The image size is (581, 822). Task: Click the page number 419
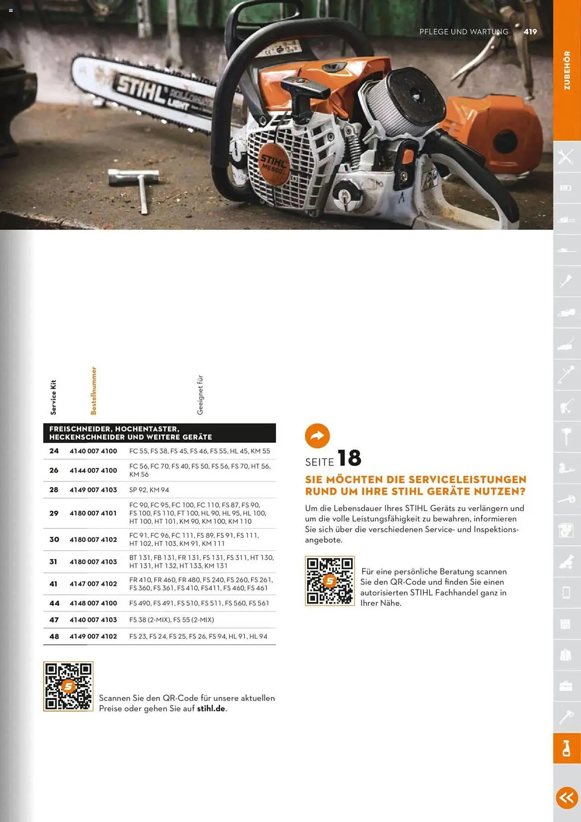[530, 32]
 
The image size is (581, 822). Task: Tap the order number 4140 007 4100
[93, 451]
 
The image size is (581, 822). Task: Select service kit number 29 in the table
[54, 513]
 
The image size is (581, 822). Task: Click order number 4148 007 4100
[93, 603]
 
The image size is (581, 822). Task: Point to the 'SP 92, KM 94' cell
[149, 490]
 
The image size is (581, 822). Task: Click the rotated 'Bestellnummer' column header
[94, 391]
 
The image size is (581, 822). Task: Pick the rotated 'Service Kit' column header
[53, 397]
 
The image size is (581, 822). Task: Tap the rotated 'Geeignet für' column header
[200, 395]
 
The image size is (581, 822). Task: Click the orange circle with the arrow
[317, 436]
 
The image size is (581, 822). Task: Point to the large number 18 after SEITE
[349, 458]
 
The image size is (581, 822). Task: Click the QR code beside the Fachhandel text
[330, 581]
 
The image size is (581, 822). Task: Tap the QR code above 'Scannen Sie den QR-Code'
[68, 686]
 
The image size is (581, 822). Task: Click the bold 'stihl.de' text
[211, 709]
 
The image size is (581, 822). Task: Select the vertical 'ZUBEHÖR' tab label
[567, 71]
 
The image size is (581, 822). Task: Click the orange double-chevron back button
[567, 798]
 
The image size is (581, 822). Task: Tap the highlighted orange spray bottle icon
[567, 748]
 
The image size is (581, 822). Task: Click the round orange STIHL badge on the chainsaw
[274, 164]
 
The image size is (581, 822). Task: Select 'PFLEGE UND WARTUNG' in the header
[463, 32]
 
